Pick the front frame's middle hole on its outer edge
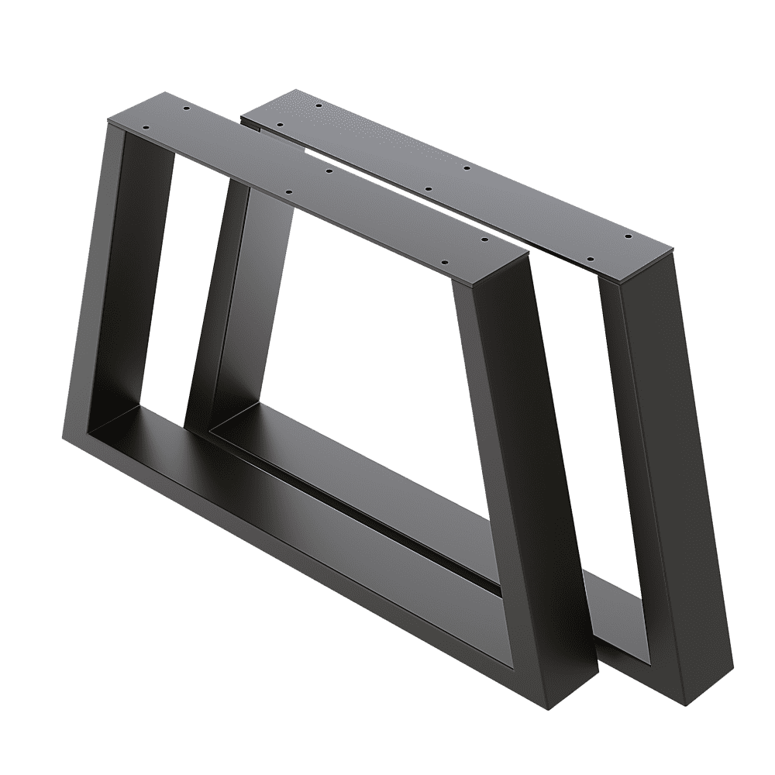pyautogui.click(x=288, y=190)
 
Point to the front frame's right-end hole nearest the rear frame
pyautogui.click(x=484, y=240)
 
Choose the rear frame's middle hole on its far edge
pyautogui.click(x=466, y=167)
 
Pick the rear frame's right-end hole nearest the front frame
pyautogui.click(x=587, y=258)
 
